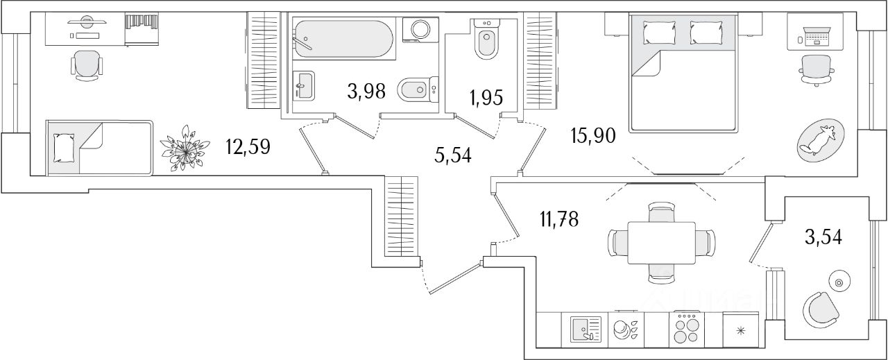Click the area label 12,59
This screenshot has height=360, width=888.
[x=248, y=147]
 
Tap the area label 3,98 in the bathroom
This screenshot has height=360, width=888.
[x=366, y=91]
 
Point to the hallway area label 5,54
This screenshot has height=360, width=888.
[x=453, y=155]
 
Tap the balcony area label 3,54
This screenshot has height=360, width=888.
[x=823, y=237]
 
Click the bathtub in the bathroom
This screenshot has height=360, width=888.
[x=344, y=38]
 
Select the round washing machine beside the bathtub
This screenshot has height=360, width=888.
[x=420, y=30]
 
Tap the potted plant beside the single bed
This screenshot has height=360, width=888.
[x=185, y=147]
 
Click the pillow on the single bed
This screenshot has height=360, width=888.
[x=64, y=147]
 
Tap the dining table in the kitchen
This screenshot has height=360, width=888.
[x=661, y=243]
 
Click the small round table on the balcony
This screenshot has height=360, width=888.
[x=839, y=282]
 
